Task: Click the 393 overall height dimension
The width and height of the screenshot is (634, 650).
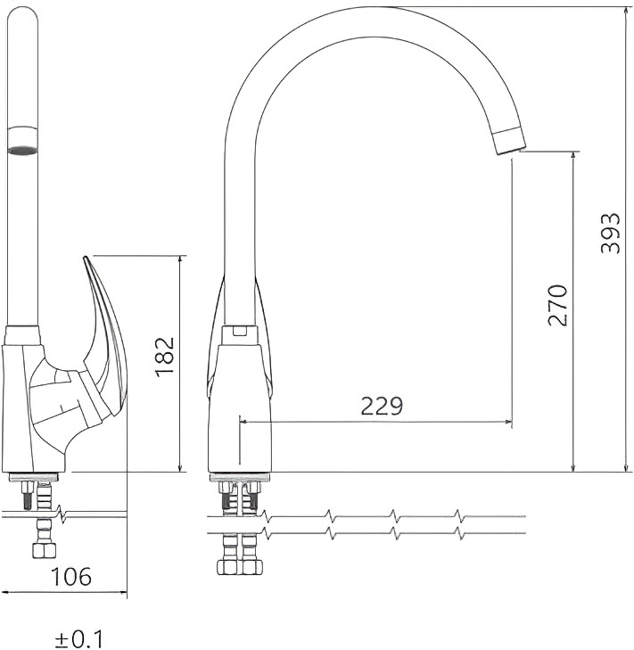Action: click(611, 233)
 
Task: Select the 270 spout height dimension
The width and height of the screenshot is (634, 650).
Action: click(557, 305)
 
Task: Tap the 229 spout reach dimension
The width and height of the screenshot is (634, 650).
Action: click(382, 407)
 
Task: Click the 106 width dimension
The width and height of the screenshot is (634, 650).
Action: click(71, 577)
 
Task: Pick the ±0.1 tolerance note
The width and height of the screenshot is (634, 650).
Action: click(78, 638)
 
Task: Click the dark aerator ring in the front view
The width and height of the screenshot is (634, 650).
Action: click(23, 149)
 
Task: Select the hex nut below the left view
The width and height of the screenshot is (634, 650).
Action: click(44, 551)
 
